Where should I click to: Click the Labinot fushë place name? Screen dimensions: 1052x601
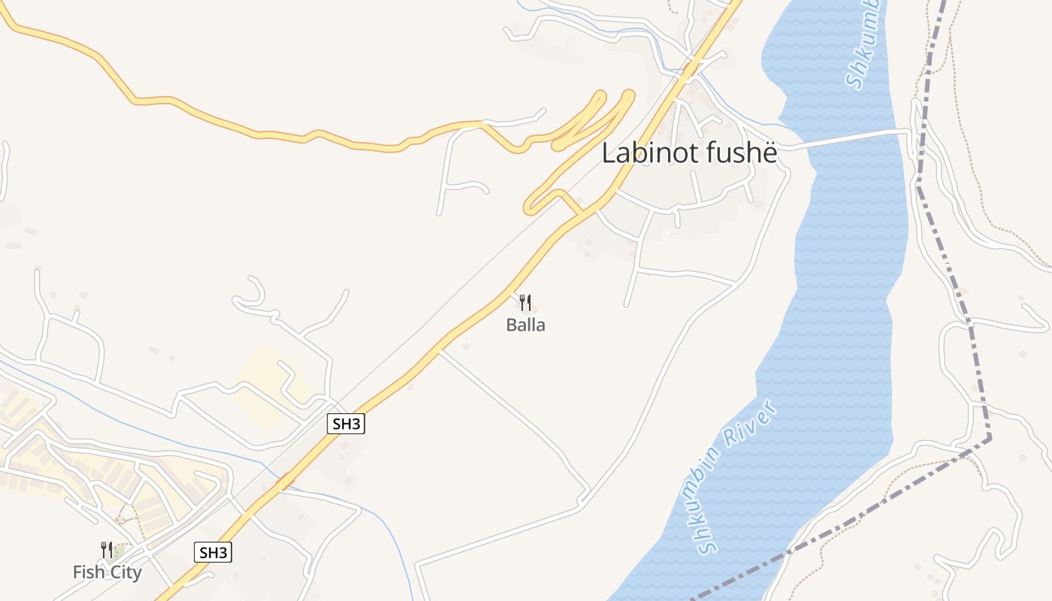coord(689,153)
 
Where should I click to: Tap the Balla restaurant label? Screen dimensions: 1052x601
coord(526,325)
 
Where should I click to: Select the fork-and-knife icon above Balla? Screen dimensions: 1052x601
coord(526,303)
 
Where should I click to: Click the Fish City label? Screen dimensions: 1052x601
coord(107,572)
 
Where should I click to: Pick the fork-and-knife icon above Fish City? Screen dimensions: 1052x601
coord(107,550)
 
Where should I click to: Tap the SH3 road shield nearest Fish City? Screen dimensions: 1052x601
coord(213,553)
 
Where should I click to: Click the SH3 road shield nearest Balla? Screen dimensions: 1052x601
coord(346,424)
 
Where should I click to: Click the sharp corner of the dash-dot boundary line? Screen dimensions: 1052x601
coord(989,437)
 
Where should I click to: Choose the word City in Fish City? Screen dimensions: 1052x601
coord(125,572)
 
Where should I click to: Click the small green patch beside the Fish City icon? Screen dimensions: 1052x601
coord(118,554)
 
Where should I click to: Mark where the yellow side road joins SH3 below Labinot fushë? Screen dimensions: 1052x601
coord(580,215)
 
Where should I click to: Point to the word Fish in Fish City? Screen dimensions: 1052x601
coord(88,572)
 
